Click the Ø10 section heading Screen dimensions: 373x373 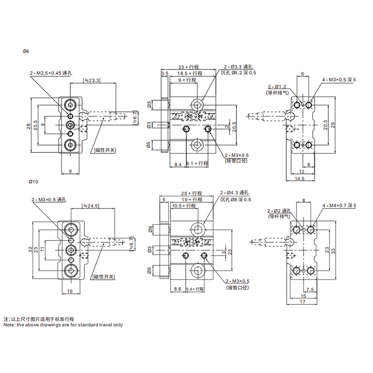pos(28,181)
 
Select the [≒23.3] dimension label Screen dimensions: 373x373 pos(91,80)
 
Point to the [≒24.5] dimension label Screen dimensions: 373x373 pos(91,205)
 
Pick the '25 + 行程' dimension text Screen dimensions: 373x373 pos(190,193)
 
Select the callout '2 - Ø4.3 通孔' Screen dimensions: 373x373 pos(237,193)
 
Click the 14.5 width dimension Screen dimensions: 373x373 pos(299,179)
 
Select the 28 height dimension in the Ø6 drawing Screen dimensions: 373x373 pos(28,126)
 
